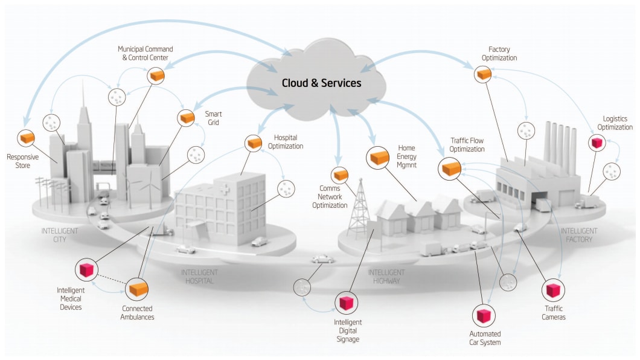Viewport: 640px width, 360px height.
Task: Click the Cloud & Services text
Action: click(x=321, y=83)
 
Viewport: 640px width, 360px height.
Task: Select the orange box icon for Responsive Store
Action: click(x=26, y=138)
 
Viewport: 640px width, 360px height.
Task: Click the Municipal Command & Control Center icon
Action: click(x=156, y=75)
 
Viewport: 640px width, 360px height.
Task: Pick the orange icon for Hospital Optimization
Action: click(x=254, y=143)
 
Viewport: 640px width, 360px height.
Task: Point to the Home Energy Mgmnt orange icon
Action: click(x=379, y=158)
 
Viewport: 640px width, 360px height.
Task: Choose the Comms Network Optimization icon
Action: click(x=341, y=175)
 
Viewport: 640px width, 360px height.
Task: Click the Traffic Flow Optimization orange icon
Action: click(x=451, y=167)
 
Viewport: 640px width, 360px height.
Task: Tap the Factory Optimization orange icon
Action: click(x=484, y=74)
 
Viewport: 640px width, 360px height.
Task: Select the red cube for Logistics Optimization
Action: click(x=597, y=143)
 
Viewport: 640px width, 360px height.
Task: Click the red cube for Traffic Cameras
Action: click(x=552, y=291)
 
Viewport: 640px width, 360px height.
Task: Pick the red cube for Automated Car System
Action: click(x=484, y=315)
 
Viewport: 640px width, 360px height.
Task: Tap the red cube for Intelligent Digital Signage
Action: click(x=346, y=303)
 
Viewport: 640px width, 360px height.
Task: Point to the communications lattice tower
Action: click(x=360, y=208)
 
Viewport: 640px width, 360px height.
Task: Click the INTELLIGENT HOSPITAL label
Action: click(x=199, y=277)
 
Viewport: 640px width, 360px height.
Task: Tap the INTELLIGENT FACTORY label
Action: click(x=579, y=235)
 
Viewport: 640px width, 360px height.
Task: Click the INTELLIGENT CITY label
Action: click(x=59, y=235)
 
